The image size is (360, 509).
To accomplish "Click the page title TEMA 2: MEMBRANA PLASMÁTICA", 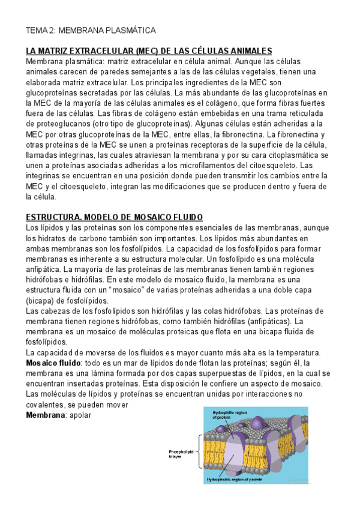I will [x=90, y=30].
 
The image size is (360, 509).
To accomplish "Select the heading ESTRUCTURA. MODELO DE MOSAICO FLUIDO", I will [x=115, y=217].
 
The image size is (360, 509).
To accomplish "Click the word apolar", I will [x=80, y=414].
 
